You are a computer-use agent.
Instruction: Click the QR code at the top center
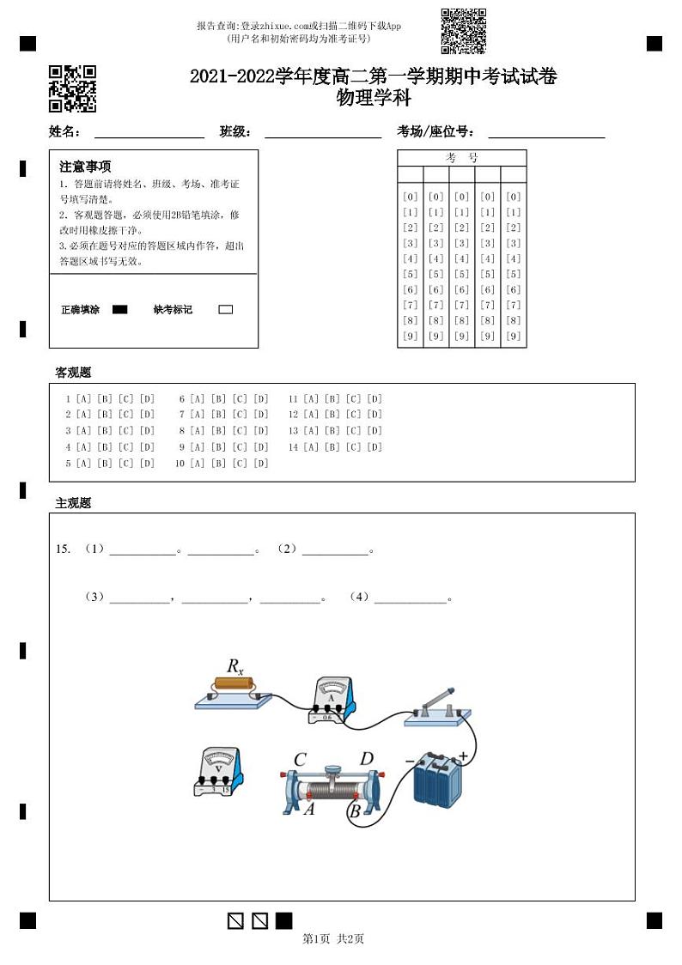[463, 31]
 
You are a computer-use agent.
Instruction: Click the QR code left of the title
[72, 88]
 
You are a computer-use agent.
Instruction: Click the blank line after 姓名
[149, 133]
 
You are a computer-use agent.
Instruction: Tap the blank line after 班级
[323, 133]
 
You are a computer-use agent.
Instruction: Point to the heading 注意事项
[85, 167]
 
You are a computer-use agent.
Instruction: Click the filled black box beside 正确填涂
[120, 310]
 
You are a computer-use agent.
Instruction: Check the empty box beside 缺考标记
[226, 310]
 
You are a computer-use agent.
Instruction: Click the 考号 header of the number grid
[461, 158]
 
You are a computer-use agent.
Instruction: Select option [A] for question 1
[83, 399]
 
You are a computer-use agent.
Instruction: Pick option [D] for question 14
[374, 447]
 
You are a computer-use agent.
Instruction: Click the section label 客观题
[73, 373]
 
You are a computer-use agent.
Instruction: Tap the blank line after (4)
[411, 598]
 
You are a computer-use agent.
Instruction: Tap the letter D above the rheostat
[367, 759]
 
